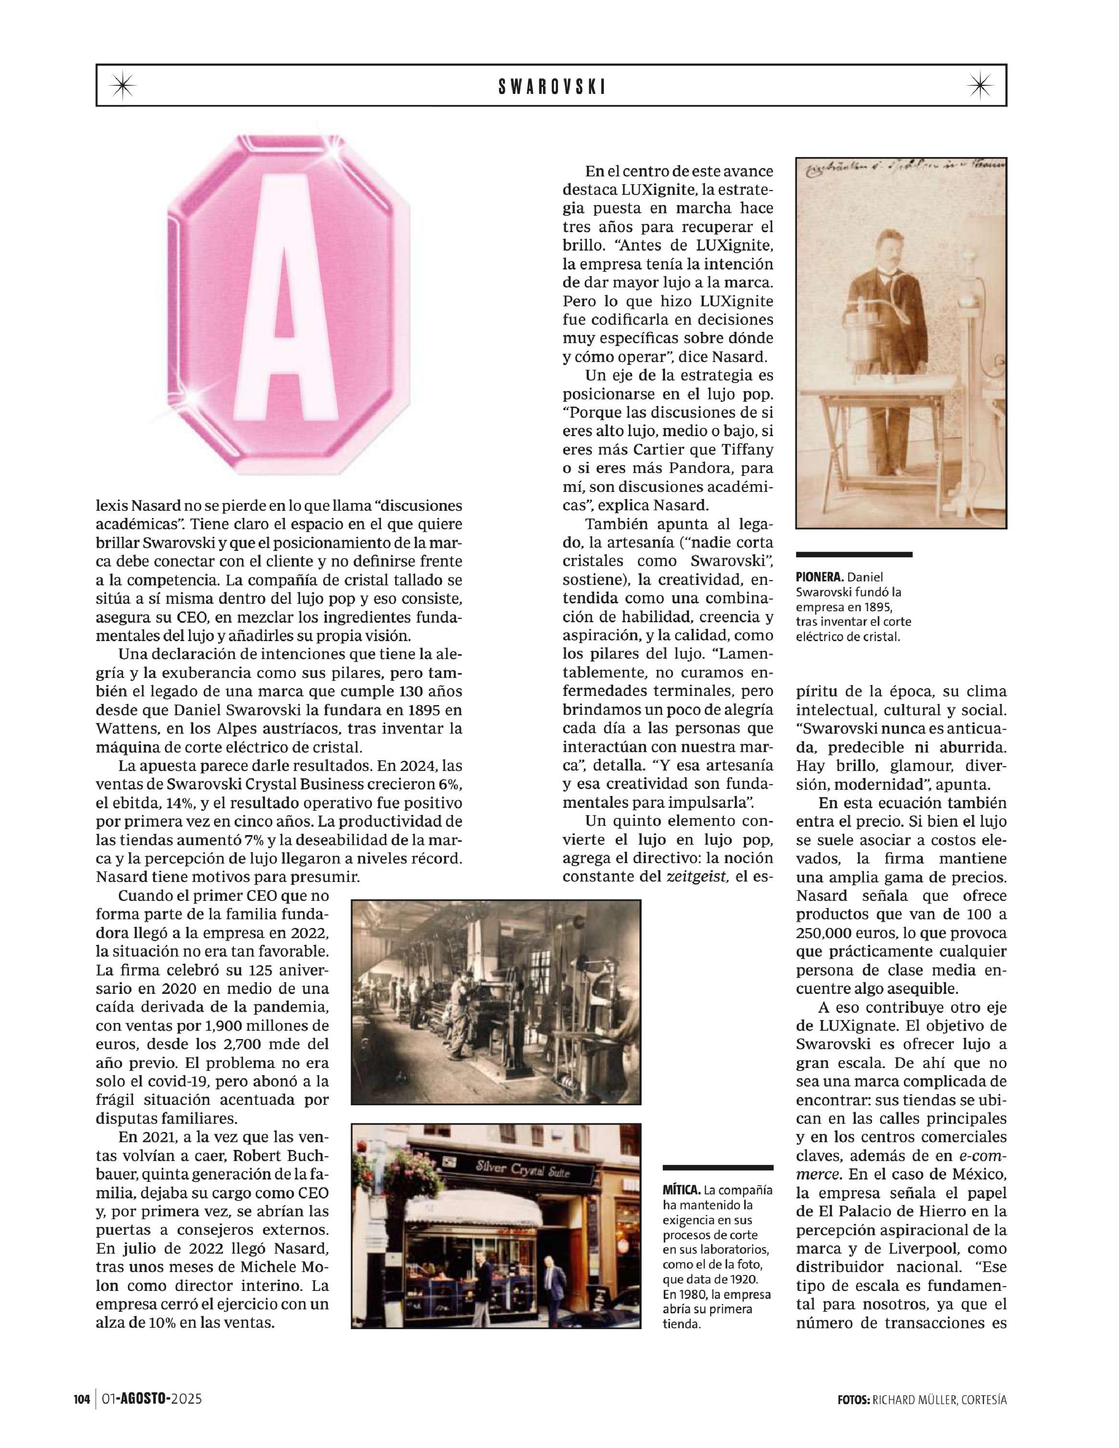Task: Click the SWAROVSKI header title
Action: pos(552,86)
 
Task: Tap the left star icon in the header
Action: pos(122,86)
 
